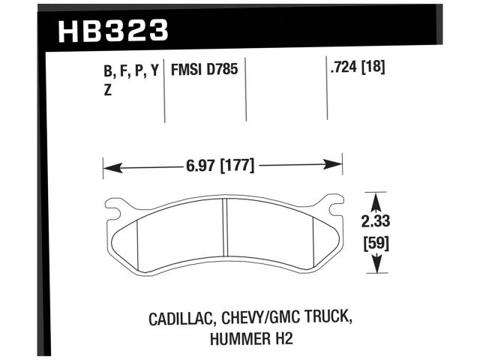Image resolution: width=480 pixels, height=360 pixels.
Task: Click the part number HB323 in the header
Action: point(112,31)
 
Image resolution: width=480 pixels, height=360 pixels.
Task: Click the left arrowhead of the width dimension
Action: point(107,165)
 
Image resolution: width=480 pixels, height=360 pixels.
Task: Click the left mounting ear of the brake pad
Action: point(115,205)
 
